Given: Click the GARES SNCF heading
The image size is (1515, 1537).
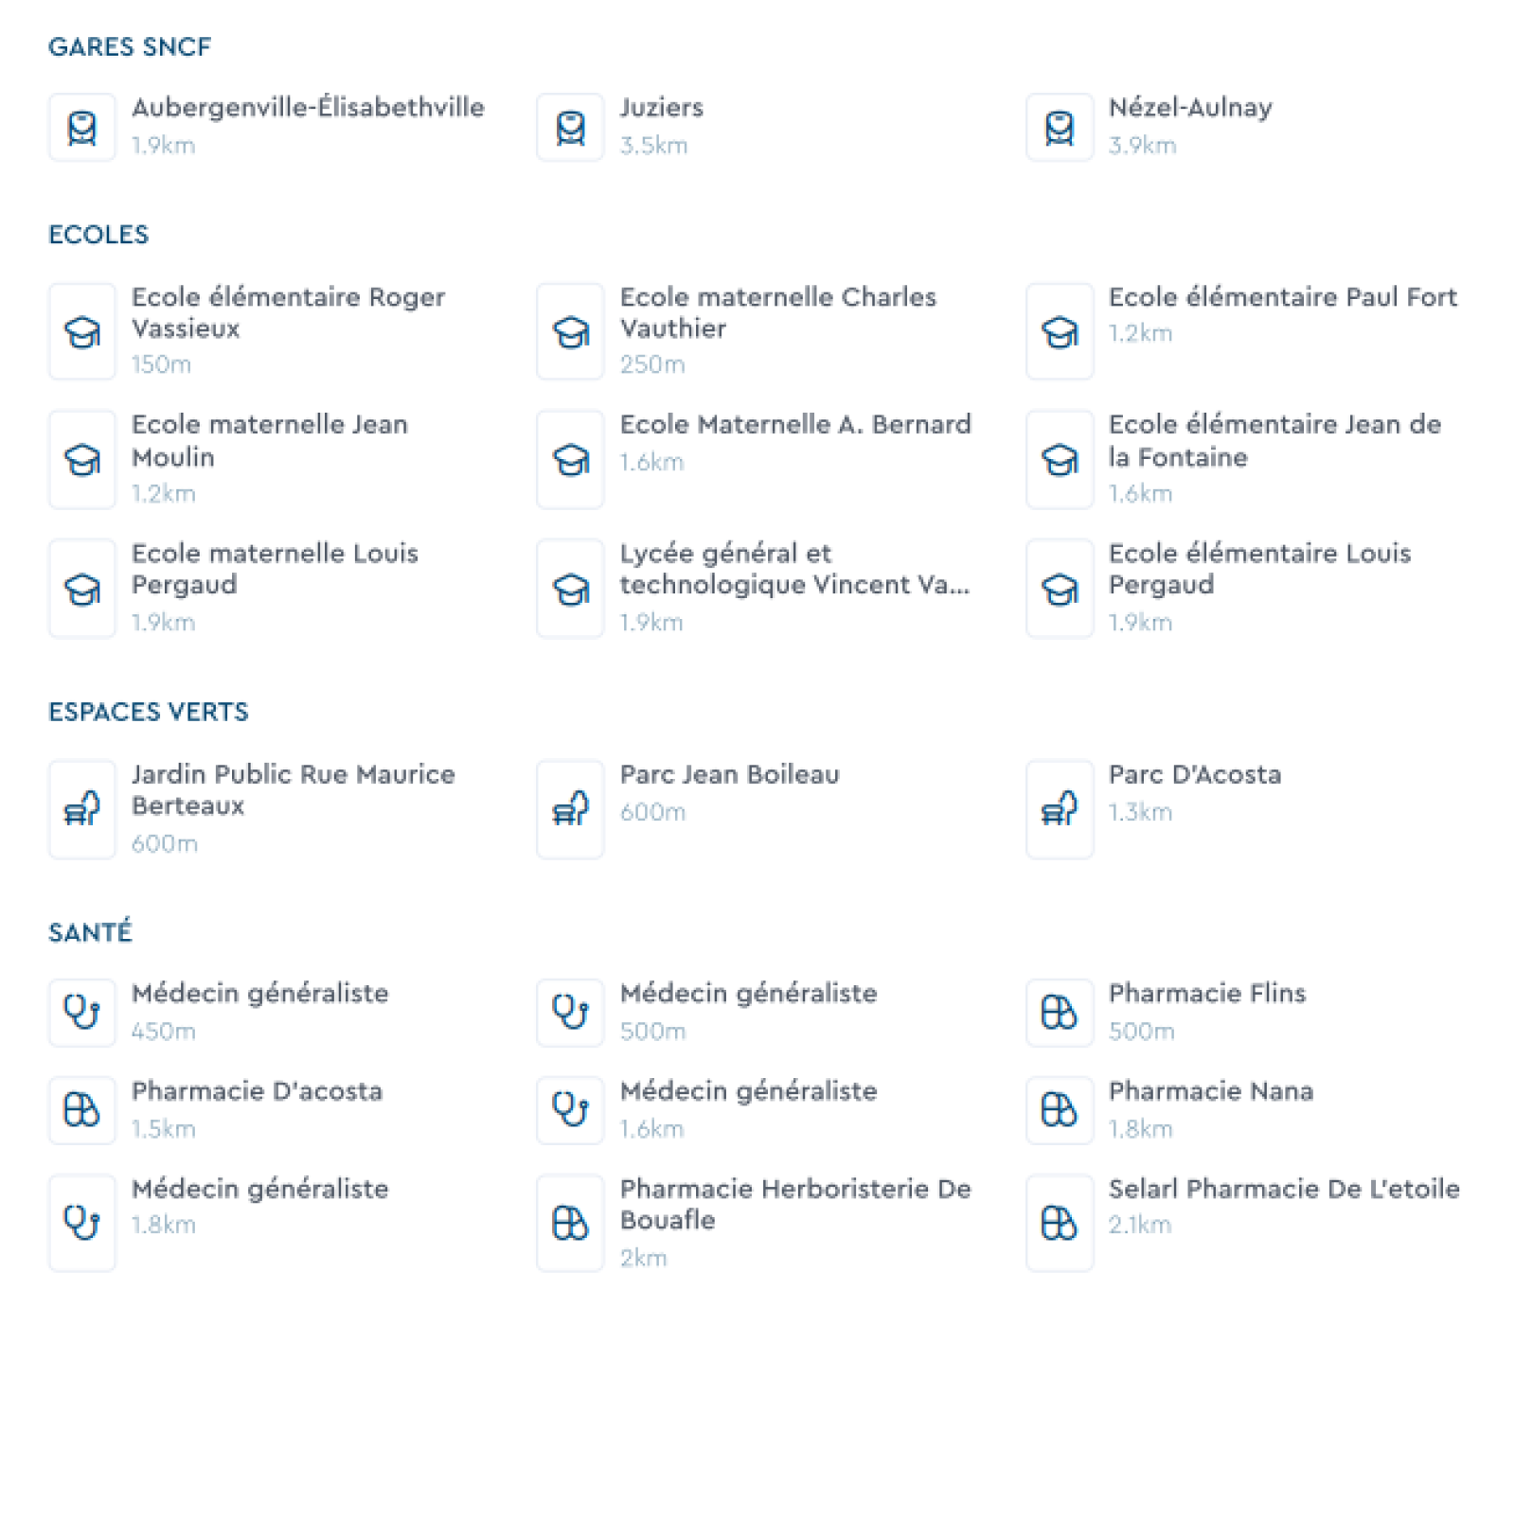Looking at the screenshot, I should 130,46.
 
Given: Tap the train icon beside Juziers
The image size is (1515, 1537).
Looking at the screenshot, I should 570,127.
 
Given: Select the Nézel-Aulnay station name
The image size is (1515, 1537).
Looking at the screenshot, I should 1190,108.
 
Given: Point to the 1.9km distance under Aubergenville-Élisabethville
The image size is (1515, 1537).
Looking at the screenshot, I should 163,146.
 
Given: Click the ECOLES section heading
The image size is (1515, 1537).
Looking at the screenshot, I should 98,235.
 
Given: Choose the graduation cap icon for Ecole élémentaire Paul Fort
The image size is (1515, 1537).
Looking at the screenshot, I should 1059,331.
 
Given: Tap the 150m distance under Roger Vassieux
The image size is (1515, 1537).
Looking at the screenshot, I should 161,364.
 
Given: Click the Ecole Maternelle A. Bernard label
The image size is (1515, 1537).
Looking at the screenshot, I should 795,424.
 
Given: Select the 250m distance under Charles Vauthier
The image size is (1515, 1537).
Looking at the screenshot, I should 652,364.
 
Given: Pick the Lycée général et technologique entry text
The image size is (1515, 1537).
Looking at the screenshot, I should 794,569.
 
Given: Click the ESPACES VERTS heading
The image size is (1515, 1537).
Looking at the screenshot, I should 149,712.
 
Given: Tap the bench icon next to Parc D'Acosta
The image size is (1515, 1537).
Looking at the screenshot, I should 1059,809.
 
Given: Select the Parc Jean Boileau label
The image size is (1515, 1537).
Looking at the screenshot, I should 729,774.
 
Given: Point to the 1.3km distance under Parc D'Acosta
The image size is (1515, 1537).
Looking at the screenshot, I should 1140,812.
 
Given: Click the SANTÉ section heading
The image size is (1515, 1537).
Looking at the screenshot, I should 90,932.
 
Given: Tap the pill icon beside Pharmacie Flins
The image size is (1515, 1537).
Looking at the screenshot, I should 1059,1012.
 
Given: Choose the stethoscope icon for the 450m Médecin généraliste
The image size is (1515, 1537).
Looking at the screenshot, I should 82,1012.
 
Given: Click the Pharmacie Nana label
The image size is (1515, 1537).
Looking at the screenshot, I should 1210,1091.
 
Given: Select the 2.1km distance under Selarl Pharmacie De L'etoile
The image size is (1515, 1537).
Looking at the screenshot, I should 1140,1225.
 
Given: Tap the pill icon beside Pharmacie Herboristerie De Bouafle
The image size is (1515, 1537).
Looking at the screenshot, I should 570,1223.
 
